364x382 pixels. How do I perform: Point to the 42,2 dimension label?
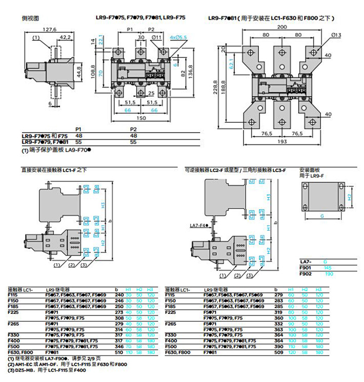pos(65,37)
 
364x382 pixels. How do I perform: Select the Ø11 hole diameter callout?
pos(156,37)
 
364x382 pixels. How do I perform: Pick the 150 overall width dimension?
pos(141,117)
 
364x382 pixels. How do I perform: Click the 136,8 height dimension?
pos(190,69)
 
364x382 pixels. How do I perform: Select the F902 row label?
pos(305,274)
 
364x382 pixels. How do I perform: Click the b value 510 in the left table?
pos(119,352)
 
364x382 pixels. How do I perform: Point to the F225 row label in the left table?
pos(13,311)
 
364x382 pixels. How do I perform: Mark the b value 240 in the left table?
pos(119,295)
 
